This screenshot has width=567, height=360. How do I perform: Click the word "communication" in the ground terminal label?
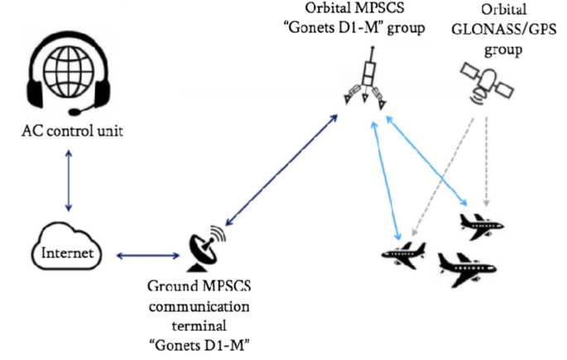203,305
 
